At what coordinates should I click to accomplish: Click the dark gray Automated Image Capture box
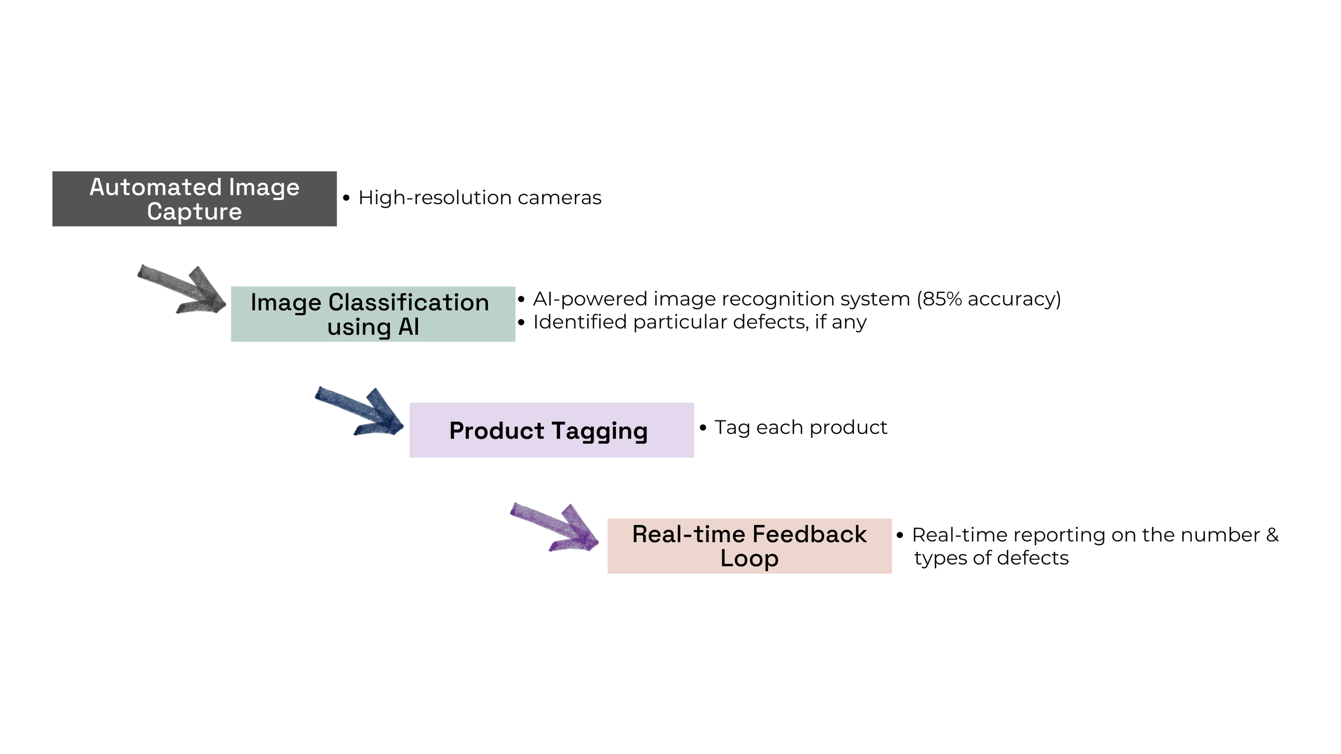194,198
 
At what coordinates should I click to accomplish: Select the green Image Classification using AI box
373,314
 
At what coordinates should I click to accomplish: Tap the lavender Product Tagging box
551,430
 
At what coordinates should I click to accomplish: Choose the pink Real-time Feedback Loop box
749,546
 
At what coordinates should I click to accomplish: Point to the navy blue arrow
362,411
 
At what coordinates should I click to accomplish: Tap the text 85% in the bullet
941,299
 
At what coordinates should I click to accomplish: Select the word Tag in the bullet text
732,427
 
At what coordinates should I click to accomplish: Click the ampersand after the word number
1272,535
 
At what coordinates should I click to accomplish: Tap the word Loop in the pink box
749,558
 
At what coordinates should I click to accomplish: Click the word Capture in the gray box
194,211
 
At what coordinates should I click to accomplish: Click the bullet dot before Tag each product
703,427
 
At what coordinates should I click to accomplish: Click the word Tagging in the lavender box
599,431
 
